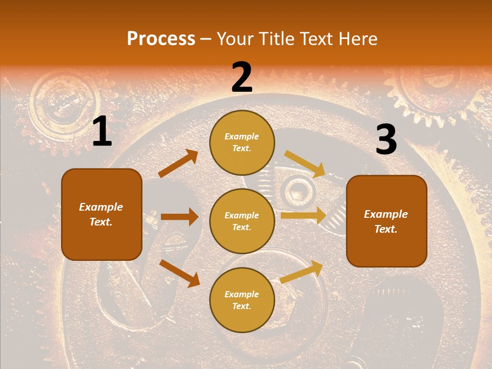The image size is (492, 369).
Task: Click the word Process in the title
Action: click(161, 39)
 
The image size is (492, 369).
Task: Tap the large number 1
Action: click(102, 132)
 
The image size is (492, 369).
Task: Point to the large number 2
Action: click(242, 77)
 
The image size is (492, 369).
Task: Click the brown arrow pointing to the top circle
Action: click(178, 163)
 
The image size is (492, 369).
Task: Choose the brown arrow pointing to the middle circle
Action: click(179, 217)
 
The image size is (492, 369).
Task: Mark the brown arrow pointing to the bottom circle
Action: click(179, 273)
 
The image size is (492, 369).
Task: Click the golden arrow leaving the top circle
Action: click(305, 164)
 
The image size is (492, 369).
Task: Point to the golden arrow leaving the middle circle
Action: click(303, 215)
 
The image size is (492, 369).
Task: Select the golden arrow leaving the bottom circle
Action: click(301, 272)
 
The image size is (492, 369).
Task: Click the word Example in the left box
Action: click(101, 207)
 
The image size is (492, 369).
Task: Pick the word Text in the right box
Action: click(385, 229)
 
